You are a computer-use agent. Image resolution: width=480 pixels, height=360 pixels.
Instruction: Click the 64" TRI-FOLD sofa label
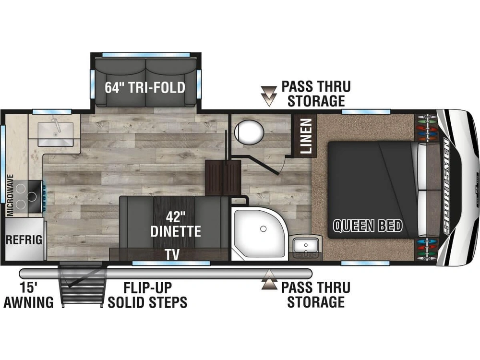pos(145,87)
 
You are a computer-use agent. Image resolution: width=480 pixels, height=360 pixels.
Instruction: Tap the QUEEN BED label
pos(367,226)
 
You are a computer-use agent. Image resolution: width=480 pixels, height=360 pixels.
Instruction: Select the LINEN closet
pos(305,136)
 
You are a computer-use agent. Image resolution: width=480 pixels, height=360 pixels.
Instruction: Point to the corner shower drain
pos(263,229)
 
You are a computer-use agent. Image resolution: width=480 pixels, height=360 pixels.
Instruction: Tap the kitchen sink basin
pos(55,134)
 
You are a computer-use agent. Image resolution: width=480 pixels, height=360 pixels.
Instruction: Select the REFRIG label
pos(24,240)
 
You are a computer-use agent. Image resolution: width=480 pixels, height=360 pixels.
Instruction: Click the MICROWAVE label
pos(11,195)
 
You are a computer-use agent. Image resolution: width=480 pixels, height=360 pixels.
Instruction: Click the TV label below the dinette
pos(172,254)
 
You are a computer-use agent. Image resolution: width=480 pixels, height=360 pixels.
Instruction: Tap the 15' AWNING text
pos(28,295)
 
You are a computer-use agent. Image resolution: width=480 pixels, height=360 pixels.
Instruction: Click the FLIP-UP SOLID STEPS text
pos(147,295)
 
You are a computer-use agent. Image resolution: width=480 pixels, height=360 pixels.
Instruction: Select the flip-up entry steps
pos(82,285)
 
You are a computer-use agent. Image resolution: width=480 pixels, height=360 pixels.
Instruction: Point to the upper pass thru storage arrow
pos(269,96)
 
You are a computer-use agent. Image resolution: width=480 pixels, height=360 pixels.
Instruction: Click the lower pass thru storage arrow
pos(269,279)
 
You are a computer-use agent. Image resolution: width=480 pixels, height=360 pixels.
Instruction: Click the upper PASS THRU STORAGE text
pos(316,94)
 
